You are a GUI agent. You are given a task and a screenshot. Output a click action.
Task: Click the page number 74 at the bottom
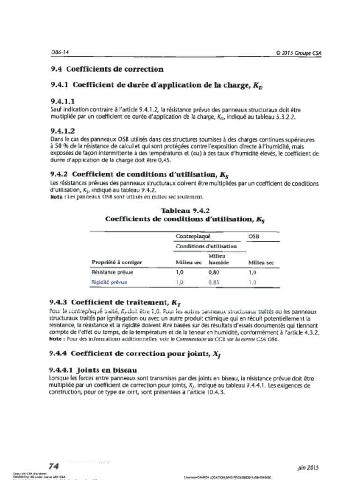point(53,466)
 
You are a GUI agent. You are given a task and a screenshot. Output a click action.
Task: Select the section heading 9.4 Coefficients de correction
point(107,69)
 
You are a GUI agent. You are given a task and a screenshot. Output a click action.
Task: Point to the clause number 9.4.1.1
point(63,101)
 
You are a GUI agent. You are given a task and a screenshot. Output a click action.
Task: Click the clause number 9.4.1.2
point(63,131)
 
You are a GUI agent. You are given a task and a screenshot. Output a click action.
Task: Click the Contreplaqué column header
point(193,237)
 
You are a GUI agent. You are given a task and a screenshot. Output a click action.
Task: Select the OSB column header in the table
point(253,237)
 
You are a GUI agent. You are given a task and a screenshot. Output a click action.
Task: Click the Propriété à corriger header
point(117,262)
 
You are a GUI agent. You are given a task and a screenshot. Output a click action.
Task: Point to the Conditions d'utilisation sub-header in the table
point(206,246)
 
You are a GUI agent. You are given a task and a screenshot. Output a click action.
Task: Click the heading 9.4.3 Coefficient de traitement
point(115,302)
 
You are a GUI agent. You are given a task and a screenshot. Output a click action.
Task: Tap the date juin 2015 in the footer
point(308,467)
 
